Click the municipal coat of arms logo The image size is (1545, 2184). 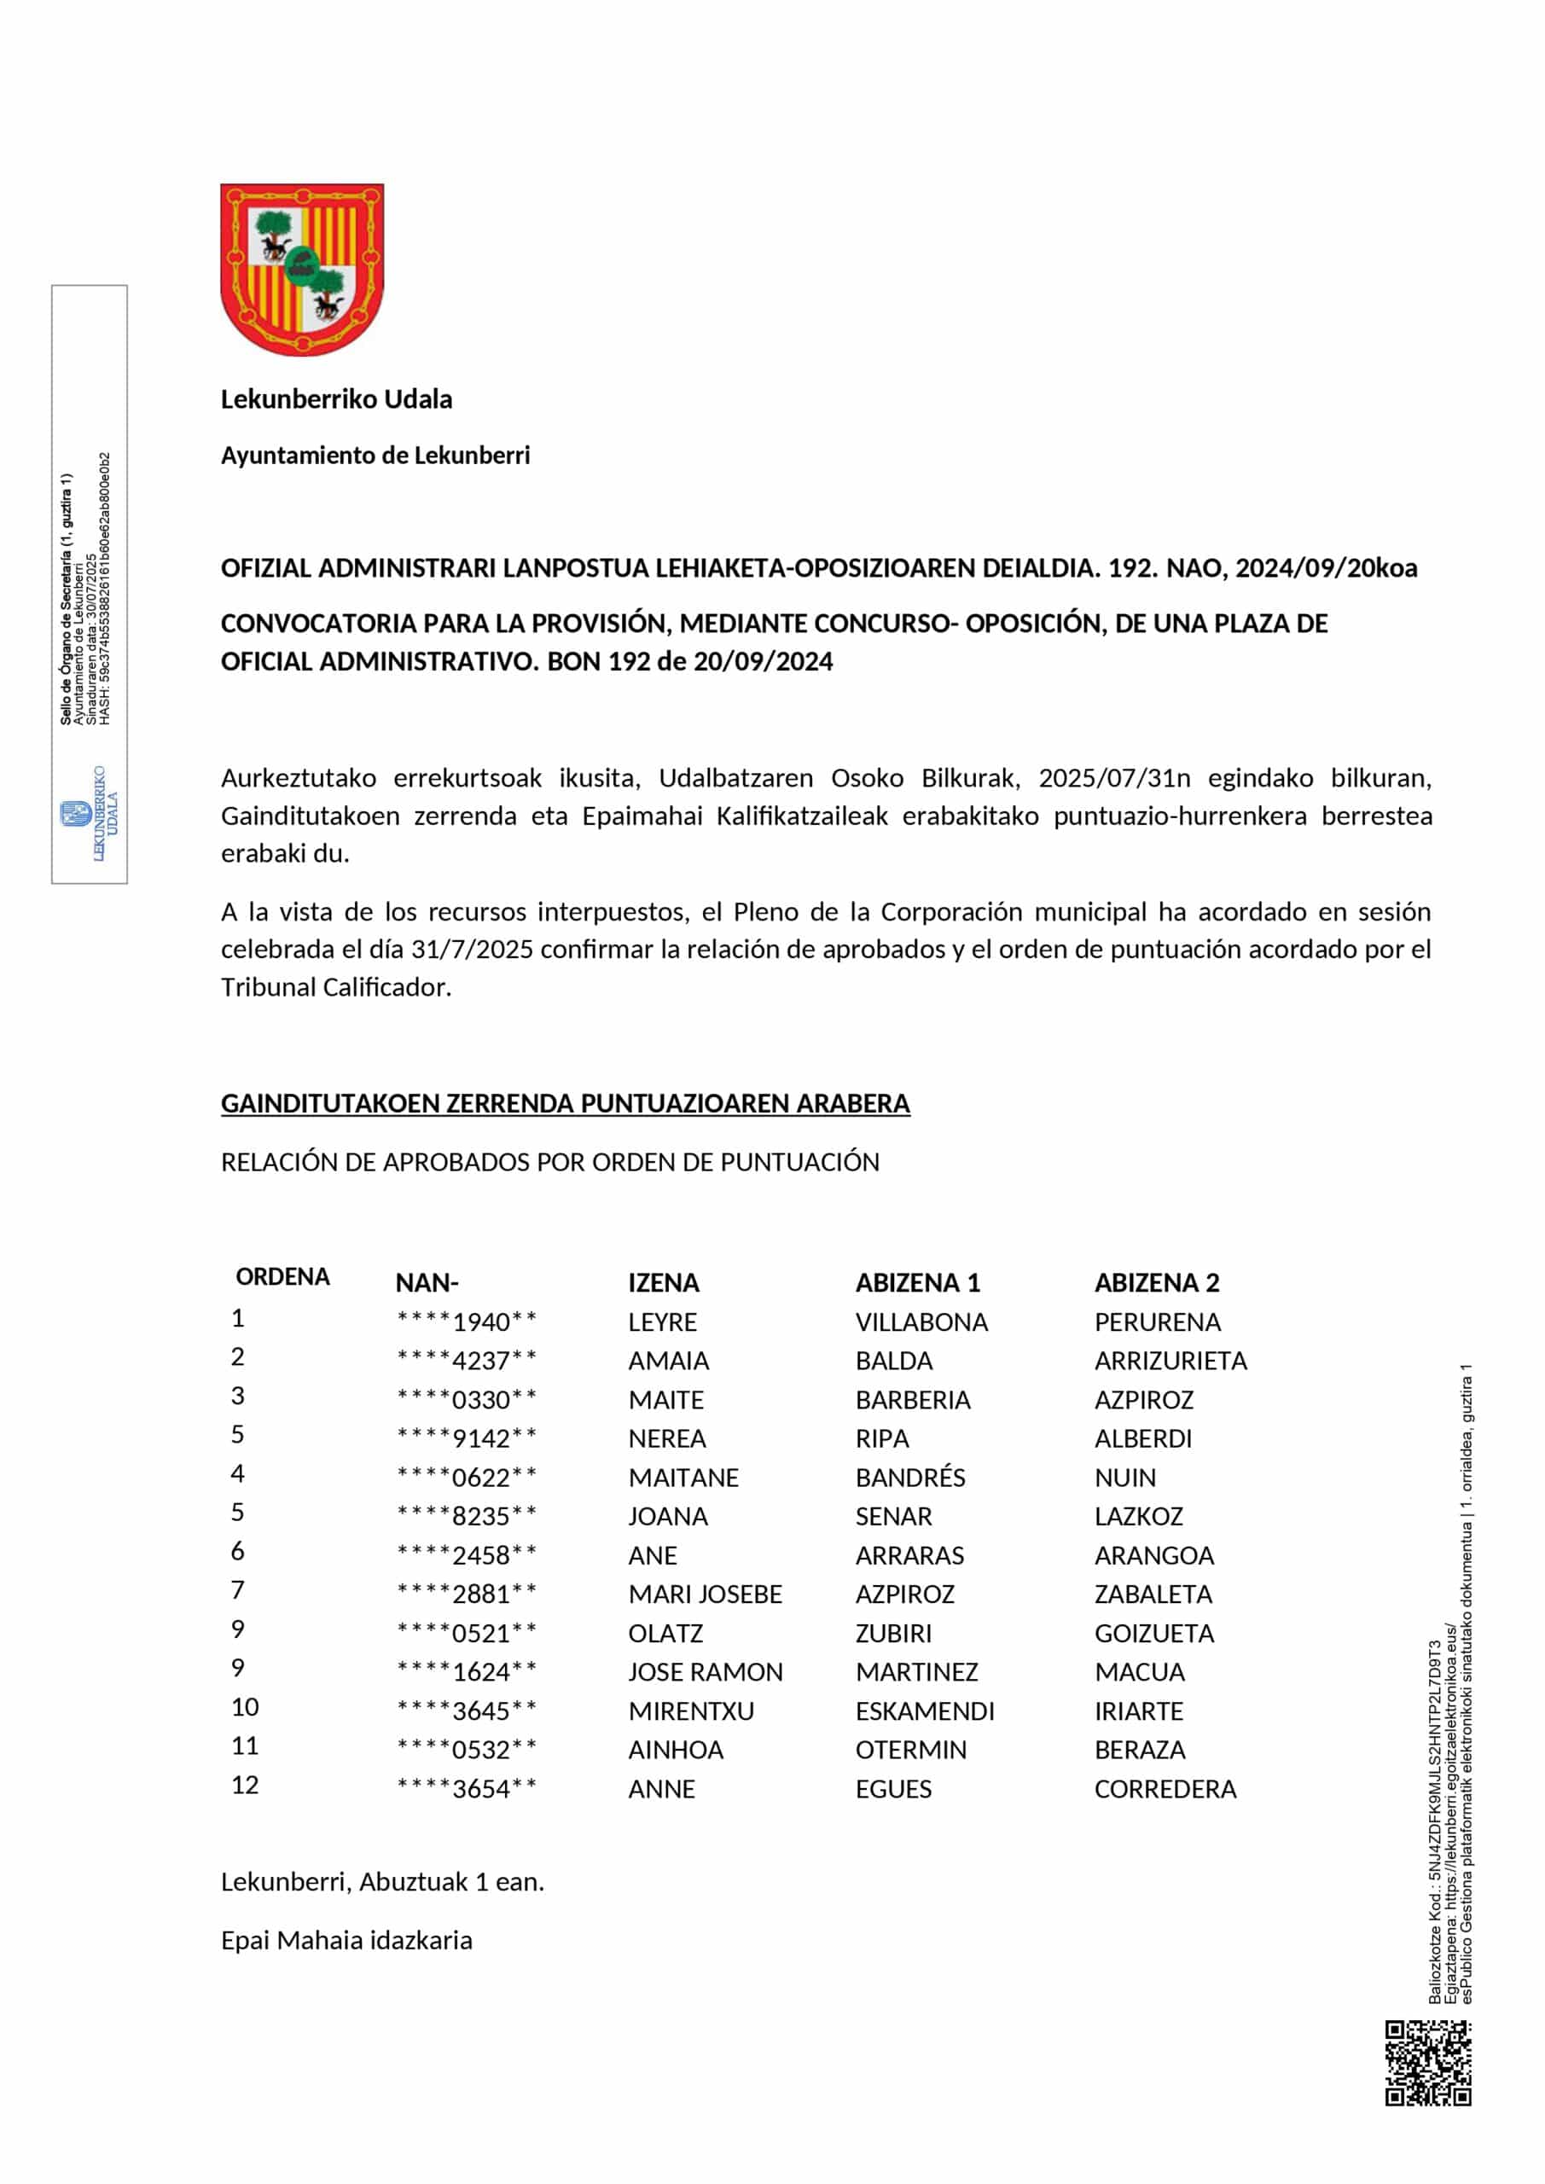tap(302, 270)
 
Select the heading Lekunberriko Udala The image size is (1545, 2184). tap(336, 399)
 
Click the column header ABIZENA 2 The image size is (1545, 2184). tap(1156, 1283)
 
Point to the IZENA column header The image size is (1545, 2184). tap(663, 1283)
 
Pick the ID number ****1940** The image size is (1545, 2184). tap(466, 1322)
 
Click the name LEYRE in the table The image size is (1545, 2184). tap(662, 1322)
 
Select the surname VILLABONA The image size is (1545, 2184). tap(921, 1322)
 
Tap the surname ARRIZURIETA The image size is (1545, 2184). tap(1170, 1362)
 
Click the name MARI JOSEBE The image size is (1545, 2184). tap(705, 1594)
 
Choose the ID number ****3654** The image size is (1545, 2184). tap(466, 1789)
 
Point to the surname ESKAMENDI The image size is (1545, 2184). tap(925, 1711)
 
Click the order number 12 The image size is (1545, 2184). tap(245, 1786)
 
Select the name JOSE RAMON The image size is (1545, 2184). tap(705, 1672)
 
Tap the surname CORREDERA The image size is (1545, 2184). tap(1165, 1789)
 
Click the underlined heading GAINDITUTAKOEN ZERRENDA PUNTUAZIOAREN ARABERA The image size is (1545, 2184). tap(565, 1103)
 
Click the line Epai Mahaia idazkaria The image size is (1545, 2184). tap(346, 1941)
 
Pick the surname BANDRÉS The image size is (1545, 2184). tap(909, 1478)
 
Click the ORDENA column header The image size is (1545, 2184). tap(282, 1277)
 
